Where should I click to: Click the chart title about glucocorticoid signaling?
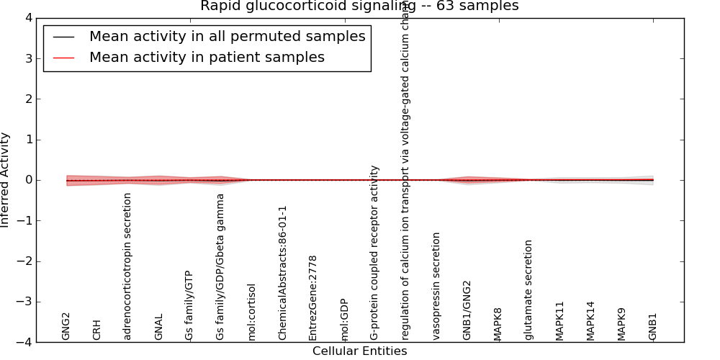tap(359, 6)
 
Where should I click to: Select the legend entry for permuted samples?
tap(227, 37)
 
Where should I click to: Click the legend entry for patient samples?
tap(207, 58)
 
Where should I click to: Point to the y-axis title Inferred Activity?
tap(6, 180)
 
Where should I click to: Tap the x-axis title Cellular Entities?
tap(359, 351)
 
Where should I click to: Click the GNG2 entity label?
tap(66, 325)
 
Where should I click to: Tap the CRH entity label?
tap(97, 329)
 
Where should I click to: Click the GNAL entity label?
tap(159, 326)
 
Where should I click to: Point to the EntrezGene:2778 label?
tap(313, 297)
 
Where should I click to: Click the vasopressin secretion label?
tap(436, 286)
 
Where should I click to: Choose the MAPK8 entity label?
tap(498, 323)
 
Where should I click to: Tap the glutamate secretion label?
tap(529, 289)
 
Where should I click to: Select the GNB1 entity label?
tap(653, 326)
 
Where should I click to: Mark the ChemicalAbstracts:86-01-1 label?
tap(282, 273)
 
